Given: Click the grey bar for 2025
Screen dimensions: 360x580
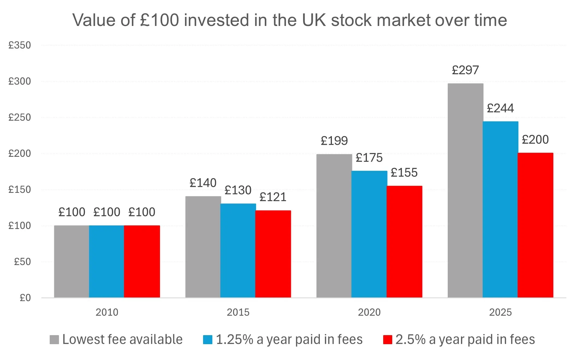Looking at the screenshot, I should coord(465,191).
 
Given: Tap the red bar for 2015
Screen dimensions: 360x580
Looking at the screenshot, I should coord(273,254).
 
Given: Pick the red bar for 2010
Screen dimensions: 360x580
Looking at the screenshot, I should coord(142,261).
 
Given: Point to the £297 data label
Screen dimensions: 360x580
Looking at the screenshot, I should coord(465,70).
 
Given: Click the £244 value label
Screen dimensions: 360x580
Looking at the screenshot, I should coord(500,108).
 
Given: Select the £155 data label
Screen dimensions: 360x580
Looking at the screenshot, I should coord(404,173).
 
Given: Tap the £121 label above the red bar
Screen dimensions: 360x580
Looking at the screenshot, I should coord(273,197).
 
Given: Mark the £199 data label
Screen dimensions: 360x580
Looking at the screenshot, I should coord(334,141).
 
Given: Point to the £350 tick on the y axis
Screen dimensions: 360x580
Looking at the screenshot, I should coord(20,45).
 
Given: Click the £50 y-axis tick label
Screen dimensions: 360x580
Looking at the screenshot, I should coord(22,262).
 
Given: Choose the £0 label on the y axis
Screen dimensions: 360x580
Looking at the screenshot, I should coord(25,298).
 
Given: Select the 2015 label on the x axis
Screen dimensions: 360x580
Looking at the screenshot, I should coord(238,312).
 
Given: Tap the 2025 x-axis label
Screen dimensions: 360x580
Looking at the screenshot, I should coord(500,312).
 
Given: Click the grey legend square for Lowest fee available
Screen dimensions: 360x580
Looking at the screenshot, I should coord(54,340).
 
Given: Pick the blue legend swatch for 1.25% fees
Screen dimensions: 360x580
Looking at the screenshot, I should coord(207,340).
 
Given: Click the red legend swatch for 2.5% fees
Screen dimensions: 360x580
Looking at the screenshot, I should coord(387,340).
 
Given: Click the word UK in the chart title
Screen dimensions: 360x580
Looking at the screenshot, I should coord(314,20).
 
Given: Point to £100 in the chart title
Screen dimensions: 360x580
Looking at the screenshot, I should coord(160,20).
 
